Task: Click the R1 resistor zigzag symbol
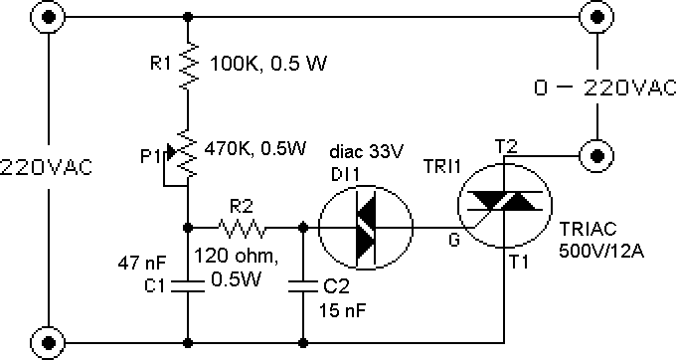(187, 67)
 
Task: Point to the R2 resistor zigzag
(245, 229)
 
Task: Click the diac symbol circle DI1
(364, 229)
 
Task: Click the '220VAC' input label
(47, 166)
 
